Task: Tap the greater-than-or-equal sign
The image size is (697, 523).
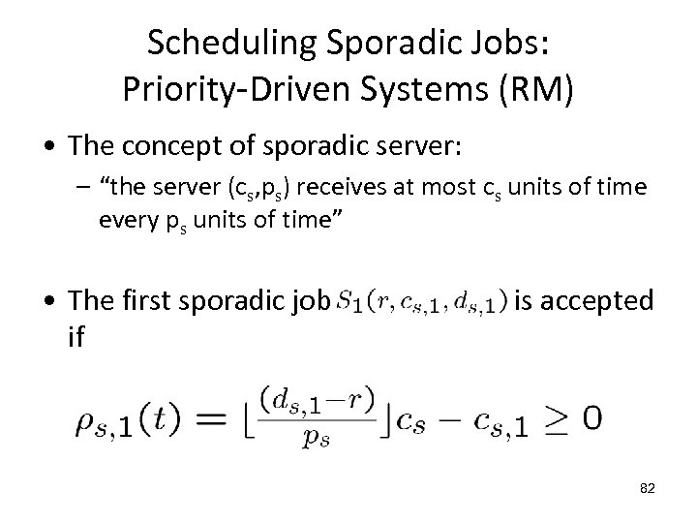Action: [553, 420]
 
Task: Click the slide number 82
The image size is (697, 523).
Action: [648, 489]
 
